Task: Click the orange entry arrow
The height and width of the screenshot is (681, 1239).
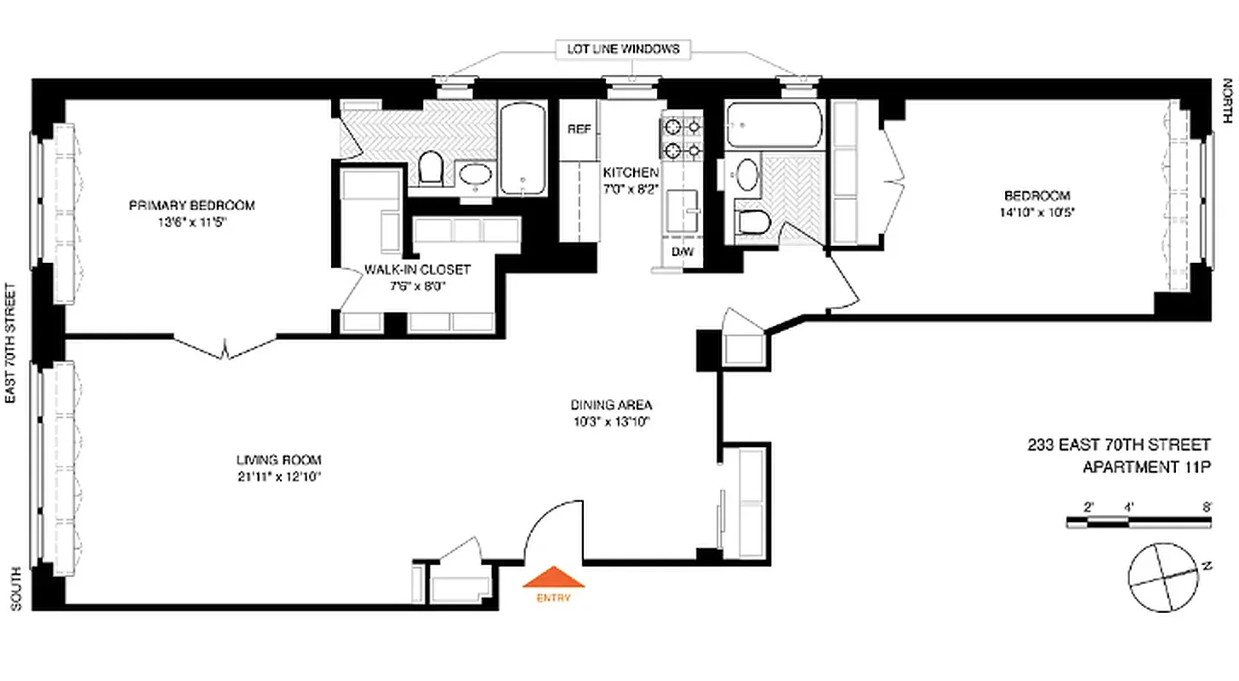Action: (553, 578)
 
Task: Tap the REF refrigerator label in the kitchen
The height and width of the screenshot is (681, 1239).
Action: (580, 129)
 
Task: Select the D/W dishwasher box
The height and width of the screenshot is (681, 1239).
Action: (682, 252)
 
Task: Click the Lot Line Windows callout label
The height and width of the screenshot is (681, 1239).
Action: (623, 49)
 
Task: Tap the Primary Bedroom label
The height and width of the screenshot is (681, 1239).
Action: (191, 205)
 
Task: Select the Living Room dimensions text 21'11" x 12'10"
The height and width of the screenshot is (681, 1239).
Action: (278, 476)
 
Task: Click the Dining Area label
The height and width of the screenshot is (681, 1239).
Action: (611, 405)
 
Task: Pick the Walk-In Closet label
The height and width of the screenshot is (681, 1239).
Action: (417, 269)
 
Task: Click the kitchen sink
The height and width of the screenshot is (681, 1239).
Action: (682, 207)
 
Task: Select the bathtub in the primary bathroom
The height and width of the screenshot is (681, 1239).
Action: (521, 149)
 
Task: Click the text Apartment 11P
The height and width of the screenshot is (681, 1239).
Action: (1145, 467)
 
